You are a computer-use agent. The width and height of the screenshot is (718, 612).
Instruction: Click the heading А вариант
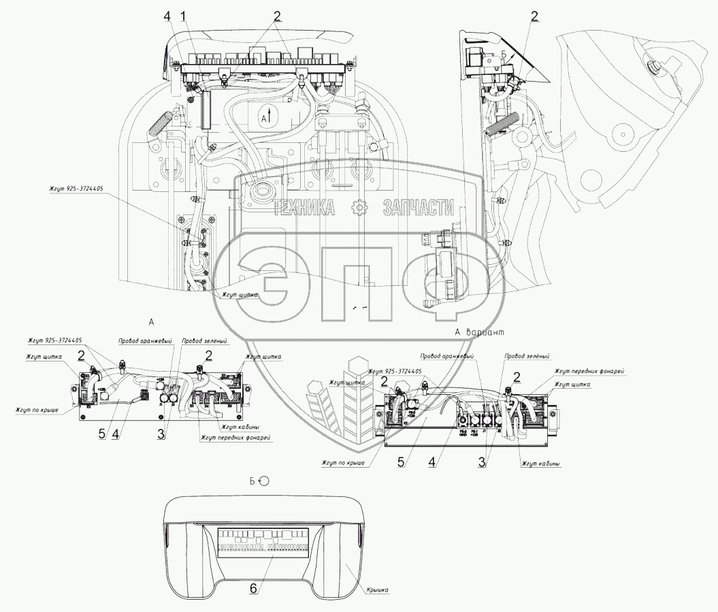coord(480,332)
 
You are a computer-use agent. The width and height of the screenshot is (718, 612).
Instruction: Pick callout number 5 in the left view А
coord(101,434)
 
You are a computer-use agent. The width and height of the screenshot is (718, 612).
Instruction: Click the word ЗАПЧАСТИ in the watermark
coord(418,208)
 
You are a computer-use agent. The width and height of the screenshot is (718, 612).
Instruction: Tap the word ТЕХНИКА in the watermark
coord(305,208)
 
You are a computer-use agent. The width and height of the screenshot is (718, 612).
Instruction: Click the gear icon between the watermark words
coord(358,208)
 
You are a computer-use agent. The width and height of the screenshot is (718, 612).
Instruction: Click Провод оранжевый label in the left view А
coord(144,340)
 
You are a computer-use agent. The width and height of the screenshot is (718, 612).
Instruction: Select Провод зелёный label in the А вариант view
coord(526,355)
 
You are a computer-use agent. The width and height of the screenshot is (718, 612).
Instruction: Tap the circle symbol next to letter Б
coord(264,480)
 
